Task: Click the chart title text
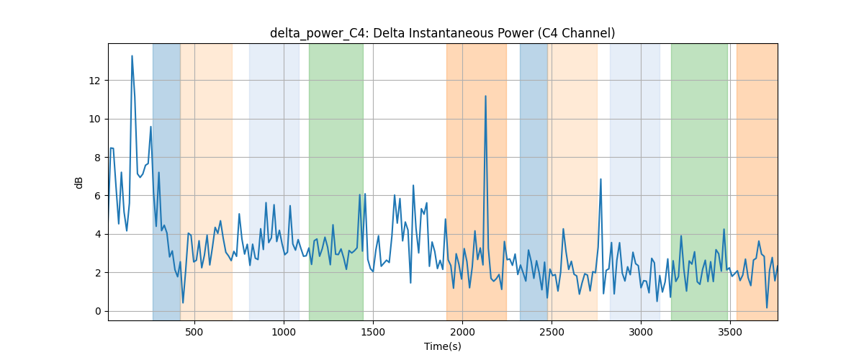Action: pos(442,33)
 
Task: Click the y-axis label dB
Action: pos(78,183)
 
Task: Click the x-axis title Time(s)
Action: pos(442,346)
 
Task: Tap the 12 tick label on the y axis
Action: pos(94,81)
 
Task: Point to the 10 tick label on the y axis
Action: pos(94,120)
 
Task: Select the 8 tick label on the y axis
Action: pos(97,158)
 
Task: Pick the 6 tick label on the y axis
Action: pos(97,196)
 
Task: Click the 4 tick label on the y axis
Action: pos(97,234)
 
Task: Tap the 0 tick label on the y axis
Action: pos(97,311)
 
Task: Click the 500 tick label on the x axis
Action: pos(194,332)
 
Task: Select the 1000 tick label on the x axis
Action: pos(284,332)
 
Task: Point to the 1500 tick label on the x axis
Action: pos(373,332)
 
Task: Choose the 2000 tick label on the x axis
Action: pos(462,332)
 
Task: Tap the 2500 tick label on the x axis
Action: pos(552,332)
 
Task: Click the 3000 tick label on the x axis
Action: pos(641,332)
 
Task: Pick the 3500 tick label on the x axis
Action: pos(730,332)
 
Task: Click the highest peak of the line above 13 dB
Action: pos(132,56)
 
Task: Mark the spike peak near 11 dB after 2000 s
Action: pos(485,96)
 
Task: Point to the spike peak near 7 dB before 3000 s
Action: pos(600,179)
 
